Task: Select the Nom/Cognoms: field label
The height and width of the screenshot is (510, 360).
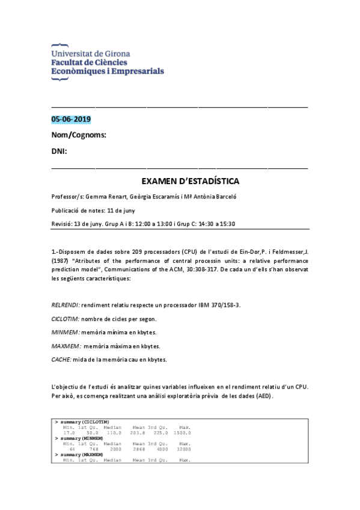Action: (79, 135)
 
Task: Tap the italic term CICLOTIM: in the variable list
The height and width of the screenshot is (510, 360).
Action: (65, 319)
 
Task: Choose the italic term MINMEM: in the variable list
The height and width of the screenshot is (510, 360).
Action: (63, 333)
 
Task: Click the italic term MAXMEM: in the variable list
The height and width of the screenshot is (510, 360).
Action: (64, 346)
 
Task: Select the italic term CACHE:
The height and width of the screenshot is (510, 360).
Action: (61, 360)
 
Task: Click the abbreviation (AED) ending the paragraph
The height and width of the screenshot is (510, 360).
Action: (263, 396)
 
